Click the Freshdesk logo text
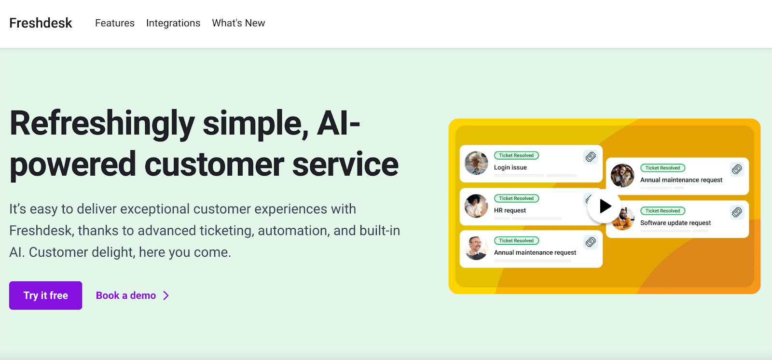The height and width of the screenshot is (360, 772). [41, 23]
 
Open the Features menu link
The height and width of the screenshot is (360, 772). [115, 23]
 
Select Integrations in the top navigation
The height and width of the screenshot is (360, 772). [173, 23]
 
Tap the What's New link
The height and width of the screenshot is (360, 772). [238, 23]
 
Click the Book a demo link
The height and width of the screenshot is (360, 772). [126, 295]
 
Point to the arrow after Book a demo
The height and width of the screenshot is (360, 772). [166, 295]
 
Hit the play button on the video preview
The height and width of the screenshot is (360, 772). [604, 206]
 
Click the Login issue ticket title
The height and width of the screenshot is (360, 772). [510, 167]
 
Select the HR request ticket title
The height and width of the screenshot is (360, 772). [510, 210]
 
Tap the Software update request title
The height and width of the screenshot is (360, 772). [675, 223]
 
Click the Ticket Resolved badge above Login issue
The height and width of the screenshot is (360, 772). [516, 155]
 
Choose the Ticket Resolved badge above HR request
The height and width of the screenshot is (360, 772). [516, 198]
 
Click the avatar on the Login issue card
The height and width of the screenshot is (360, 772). [476, 163]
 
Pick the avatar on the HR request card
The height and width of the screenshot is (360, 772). [476, 206]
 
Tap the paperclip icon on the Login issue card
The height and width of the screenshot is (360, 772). [591, 157]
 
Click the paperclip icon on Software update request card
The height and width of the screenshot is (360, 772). [737, 212]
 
